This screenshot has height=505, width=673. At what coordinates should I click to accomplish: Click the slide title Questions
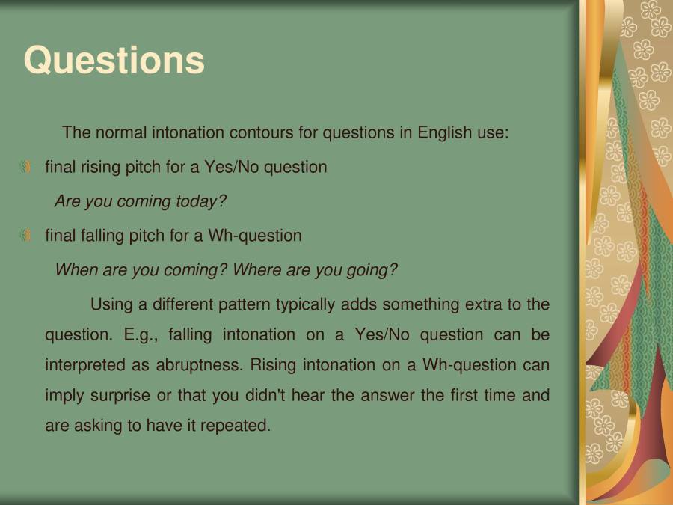click(114, 61)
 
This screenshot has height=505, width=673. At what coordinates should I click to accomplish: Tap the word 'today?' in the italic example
click(201, 202)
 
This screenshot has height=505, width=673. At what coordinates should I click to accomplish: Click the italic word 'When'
click(76, 270)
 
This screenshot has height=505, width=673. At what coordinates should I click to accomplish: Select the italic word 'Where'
click(253, 270)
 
